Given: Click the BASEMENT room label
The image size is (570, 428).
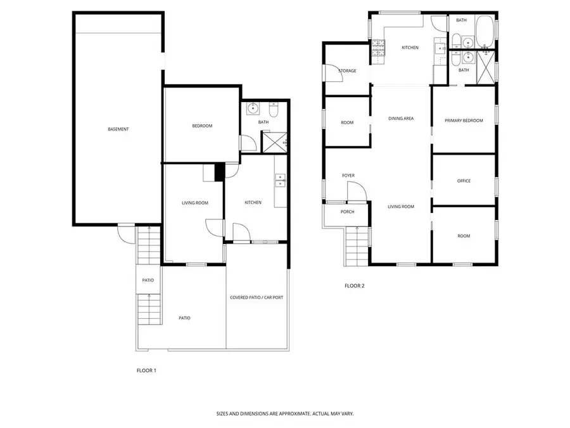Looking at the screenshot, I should click(118, 129).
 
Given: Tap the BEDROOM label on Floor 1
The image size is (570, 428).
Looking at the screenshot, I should click(202, 126).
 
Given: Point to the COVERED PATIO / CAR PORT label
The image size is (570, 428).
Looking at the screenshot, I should click(256, 297).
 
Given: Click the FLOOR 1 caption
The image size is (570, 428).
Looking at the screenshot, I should click(146, 370).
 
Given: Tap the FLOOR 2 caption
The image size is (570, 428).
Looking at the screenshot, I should click(355, 285).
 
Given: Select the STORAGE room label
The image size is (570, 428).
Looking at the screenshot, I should click(347, 71).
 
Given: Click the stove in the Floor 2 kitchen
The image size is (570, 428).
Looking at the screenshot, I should click(378, 50).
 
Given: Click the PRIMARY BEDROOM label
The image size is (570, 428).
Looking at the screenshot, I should click(464, 120).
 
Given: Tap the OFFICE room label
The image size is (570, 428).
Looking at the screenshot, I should click(464, 181).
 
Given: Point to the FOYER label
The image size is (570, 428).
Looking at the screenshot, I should click(348, 175).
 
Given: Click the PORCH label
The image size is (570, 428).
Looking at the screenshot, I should click(347, 212).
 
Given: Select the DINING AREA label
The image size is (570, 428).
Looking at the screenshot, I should click(401, 119).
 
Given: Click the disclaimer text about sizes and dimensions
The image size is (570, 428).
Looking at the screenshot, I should click(285, 413).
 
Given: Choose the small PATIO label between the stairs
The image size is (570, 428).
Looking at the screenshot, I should click(148, 280).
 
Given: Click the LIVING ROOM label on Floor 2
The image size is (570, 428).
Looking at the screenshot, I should click(401, 206).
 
